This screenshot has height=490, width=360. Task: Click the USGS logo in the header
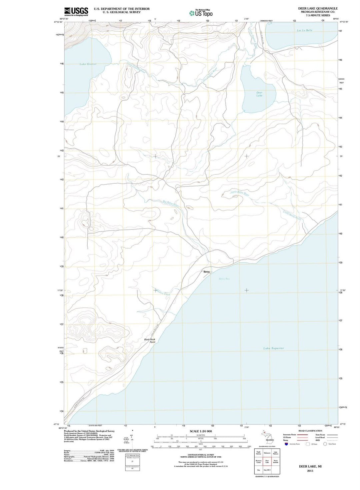point(76,12)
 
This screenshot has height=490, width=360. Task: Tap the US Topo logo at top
point(201,13)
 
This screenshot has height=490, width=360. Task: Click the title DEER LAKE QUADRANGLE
point(318,8)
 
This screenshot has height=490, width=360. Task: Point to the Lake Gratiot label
point(88,64)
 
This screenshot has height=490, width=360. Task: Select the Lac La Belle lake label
point(305,30)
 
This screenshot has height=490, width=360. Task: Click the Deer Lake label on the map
point(259,94)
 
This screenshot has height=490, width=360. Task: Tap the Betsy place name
point(207,272)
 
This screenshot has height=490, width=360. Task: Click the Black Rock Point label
point(150,341)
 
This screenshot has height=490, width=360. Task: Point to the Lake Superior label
point(273,348)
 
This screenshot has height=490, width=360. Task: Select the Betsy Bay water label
point(224,279)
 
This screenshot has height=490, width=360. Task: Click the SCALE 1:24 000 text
point(201,431)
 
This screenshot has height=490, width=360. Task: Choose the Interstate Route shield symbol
point(286,444)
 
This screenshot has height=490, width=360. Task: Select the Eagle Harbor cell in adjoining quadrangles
point(259,453)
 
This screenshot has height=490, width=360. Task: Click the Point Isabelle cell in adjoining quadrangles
point(276,462)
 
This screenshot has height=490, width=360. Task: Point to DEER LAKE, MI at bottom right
point(310,466)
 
